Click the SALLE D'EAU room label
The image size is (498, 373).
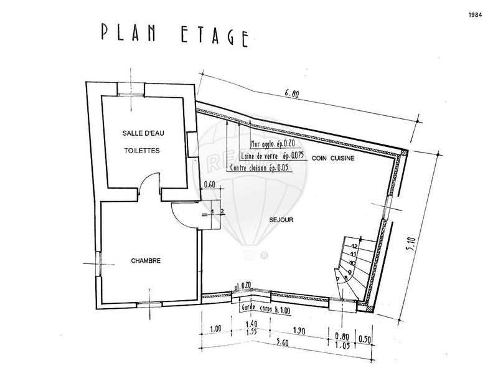pyautogui.click(x=143, y=133)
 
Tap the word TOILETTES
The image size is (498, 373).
pyautogui.click(x=142, y=151)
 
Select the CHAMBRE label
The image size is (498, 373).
pyautogui.click(x=146, y=262)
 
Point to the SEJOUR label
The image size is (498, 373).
pyautogui.click(x=281, y=220)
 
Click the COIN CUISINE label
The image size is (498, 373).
pyautogui.click(x=334, y=159)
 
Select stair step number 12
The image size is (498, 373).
pyautogui.click(x=354, y=247)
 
